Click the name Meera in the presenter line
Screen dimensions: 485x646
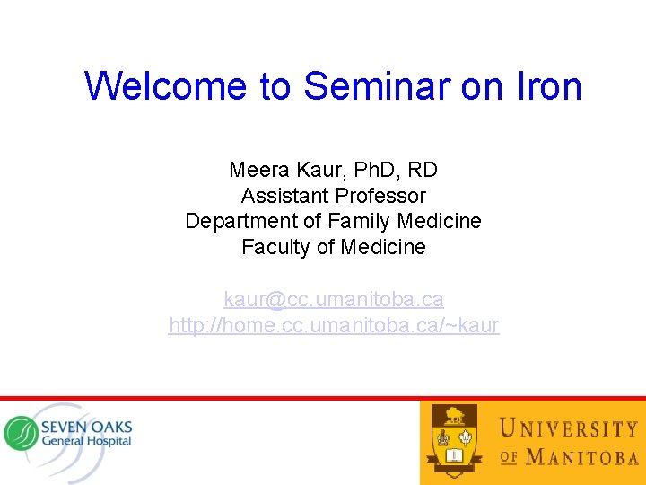tap(257, 170)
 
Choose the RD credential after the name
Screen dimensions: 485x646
tap(422, 170)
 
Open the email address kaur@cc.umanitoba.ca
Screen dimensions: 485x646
tap(334, 299)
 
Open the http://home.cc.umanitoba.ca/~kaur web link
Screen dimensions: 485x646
tap(334, 325)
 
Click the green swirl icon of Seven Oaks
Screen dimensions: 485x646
tap(20, 434)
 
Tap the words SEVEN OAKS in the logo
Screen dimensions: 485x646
tap(86, 425)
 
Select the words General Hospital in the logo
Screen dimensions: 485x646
tap(86, 441)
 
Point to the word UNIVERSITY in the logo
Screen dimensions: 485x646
tap(568, 428)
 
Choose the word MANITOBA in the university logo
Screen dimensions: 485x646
tap(582, 457)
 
